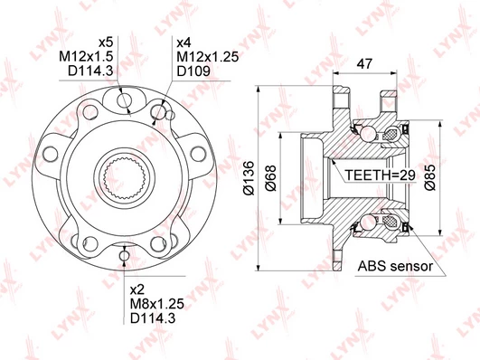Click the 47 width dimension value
(x=364, y=63)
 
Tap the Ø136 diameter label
(x=249, y=178)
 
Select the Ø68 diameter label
(x=270, y=178)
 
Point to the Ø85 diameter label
(x=429, y=177)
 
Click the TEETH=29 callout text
(x=381, y=175)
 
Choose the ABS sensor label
(x=395, y=266)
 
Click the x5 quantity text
(x=106, y=43)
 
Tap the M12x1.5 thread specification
(x=86, y=56)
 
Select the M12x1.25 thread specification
(x=208, y=57)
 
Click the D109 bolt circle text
(x=193, y=71)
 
